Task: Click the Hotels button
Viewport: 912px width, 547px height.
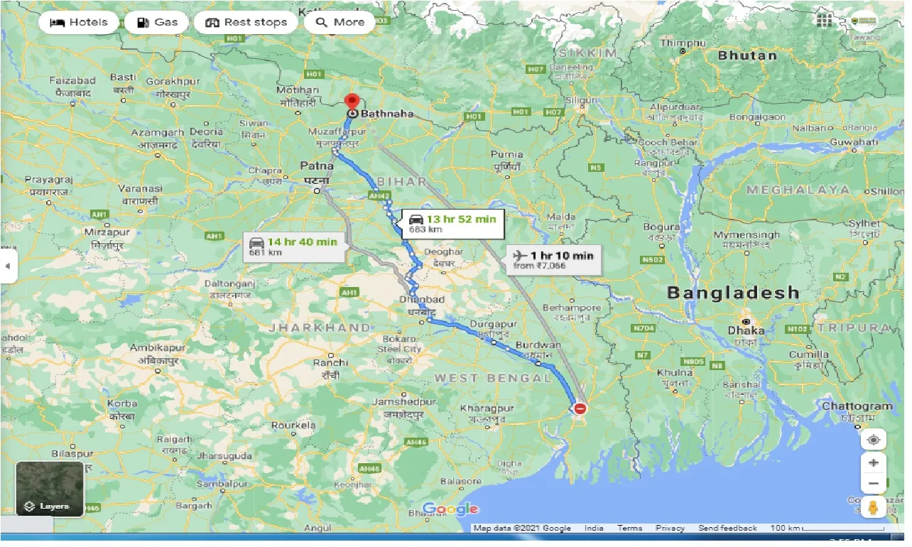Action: coord(78,22)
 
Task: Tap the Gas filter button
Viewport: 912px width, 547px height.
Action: coord(156,22)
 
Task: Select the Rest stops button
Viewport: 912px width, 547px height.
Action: coord(246,22)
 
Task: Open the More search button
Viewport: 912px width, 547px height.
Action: coord(340,22)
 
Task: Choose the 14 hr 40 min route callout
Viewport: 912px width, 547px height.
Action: coord(293,247)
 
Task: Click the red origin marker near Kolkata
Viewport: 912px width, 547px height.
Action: coord(580,408)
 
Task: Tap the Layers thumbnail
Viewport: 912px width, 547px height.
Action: coord(50,489)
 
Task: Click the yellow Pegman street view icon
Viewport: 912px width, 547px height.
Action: coord(873,507)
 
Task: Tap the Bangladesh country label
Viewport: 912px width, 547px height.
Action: coord(733,293)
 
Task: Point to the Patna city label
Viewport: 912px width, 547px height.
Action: coord(316,166)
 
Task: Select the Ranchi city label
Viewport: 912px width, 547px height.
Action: coord(330,362)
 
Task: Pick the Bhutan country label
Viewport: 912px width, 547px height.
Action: coord(747,55)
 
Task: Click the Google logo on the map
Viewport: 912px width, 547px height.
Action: coord(451,509)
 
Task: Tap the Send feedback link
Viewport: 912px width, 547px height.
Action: coord(727,528)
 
